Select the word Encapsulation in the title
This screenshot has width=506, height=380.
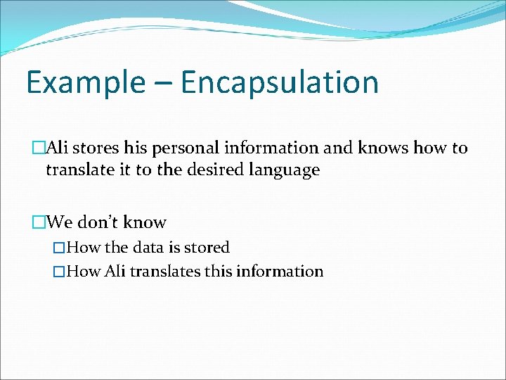point(280,82)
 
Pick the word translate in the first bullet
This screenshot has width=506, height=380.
point(78,170)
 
